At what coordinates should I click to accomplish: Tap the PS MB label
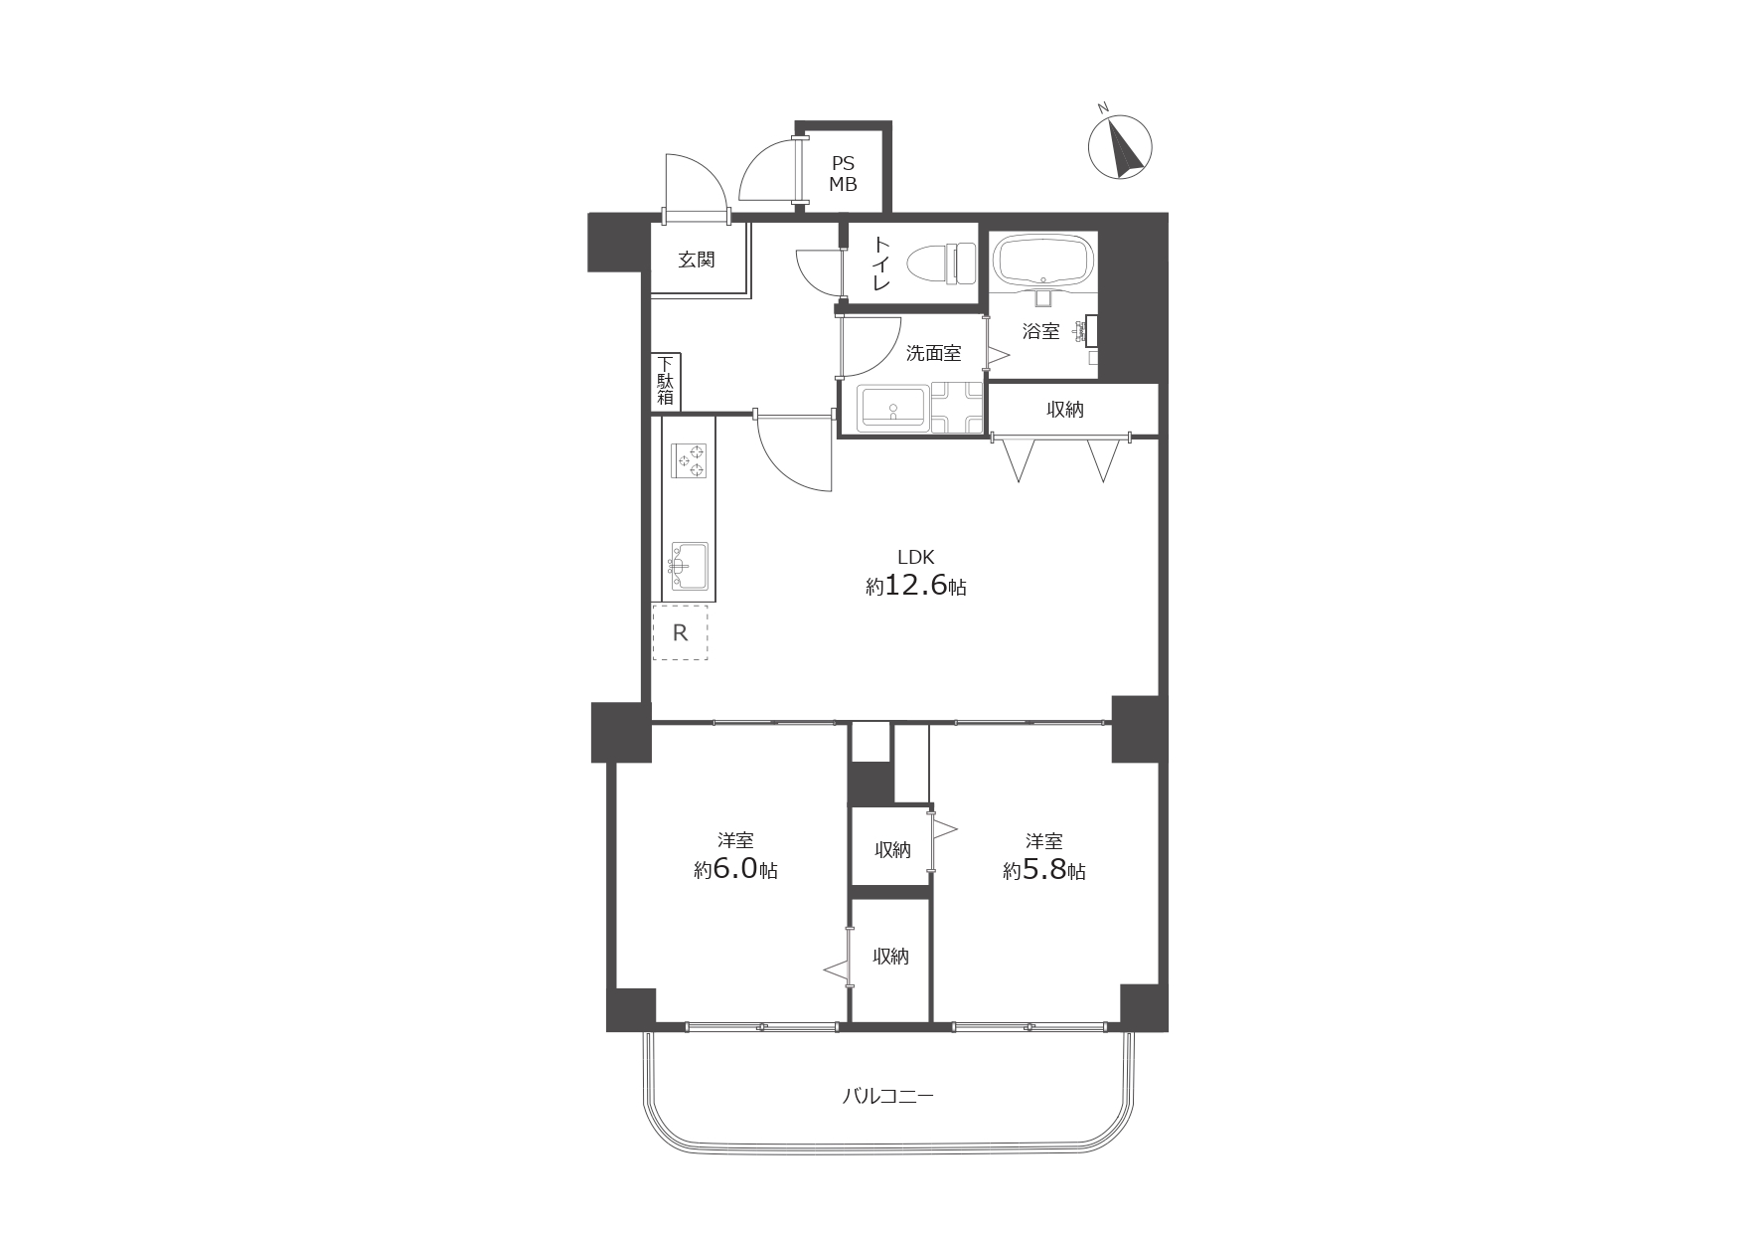[843, 174]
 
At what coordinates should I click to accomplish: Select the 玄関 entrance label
[697, 261]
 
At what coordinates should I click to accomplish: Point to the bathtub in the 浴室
[1042, 262]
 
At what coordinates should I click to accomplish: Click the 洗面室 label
[933, 352]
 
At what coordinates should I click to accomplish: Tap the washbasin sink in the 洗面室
[894, 408]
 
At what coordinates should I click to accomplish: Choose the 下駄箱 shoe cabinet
[666, 382]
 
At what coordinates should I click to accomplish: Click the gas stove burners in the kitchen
[690, 460]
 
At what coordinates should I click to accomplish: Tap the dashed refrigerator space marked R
[681, 631]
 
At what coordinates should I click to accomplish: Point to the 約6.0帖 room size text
[735, 870]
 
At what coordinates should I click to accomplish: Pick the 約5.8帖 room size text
[1043, 870]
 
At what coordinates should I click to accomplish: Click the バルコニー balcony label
[888, 1097]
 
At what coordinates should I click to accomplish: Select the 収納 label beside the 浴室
[1064, 409]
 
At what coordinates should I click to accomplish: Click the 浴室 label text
[1040, 331]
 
